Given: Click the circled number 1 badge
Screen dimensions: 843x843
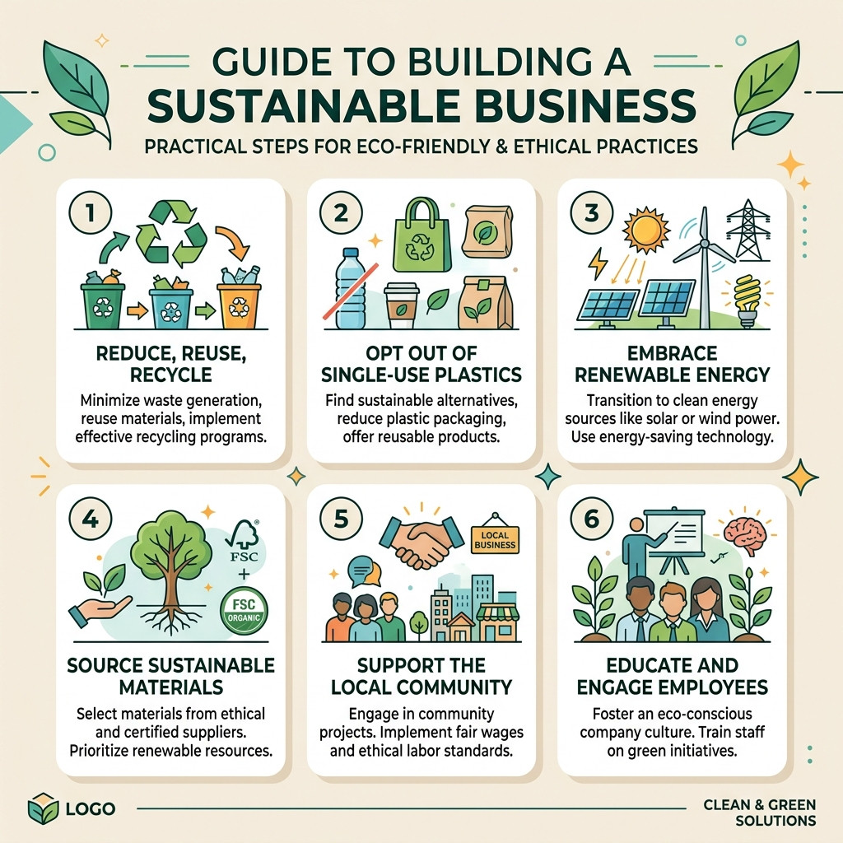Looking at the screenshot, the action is point(91,213).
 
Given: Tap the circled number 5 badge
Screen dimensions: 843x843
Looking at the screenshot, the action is point(341,519).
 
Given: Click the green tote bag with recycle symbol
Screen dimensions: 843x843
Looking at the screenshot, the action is point(421,235).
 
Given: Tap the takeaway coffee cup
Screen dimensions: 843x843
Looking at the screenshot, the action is point(402,306).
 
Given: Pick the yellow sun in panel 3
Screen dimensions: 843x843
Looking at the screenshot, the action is point(645,230).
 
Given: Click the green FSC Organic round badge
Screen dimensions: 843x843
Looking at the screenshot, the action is point(244,611).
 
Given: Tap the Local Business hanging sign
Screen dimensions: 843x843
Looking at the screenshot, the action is point(495,537).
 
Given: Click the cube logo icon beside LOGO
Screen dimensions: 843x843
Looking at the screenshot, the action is point(43,808).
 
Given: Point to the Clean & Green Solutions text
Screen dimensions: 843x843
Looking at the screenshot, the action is point(760,813).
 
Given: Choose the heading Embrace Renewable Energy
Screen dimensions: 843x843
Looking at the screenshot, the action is point(672,364).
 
